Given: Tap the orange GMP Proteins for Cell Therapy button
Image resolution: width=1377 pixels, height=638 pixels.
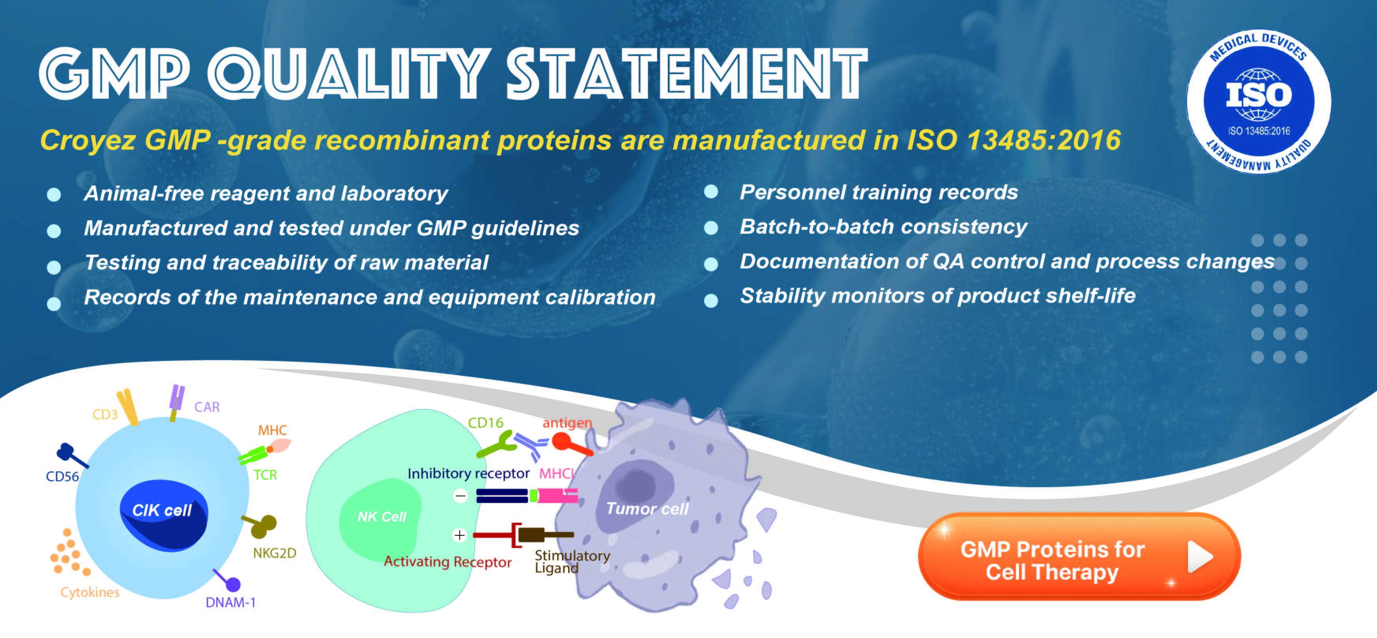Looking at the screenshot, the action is [x=1079, y=557].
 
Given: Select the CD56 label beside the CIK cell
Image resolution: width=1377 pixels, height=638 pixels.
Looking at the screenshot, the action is [x=62, y=476].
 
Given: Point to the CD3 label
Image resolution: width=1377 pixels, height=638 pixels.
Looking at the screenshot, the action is [x=105, y=415].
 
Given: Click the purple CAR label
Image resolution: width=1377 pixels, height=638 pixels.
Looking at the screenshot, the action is [x=207, y=407].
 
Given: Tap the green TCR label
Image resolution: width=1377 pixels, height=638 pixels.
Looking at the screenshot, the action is [x=265, y=475].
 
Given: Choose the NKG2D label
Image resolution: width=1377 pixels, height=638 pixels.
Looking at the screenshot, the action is [x=274, y=553].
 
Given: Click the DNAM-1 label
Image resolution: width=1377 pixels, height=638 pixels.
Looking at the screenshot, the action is [x=230, y=603].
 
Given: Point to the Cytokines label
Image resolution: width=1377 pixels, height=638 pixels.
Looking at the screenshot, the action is [x=90, y=592].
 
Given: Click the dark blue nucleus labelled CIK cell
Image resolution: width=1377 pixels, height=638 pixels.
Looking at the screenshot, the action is [x=163, y=514].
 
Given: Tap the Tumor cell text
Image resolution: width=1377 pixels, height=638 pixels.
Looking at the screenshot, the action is [x=647, y=509].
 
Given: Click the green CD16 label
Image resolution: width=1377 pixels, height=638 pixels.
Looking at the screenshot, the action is [x=485, y=422].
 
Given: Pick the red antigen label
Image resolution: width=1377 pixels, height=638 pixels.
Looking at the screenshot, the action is [x=567, y=423].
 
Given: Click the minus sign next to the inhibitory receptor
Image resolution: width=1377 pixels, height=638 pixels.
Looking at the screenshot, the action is [x=460, y=496].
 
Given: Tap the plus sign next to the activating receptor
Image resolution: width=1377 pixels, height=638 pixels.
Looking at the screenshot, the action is [x=460, y=535].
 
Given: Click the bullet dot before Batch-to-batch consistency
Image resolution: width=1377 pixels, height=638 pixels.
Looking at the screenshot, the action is [x=711, y=228].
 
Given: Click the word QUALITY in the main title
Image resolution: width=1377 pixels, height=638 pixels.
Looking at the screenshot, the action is [x=349, y=73].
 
